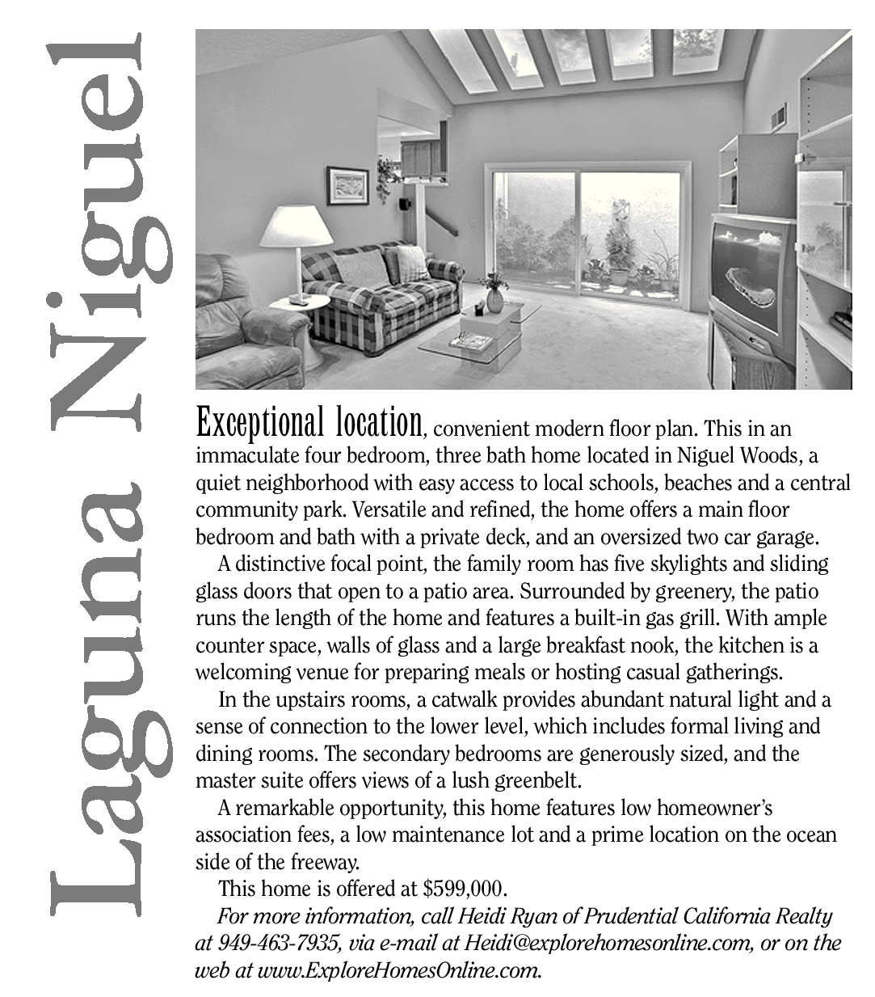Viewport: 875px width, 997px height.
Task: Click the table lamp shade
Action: click(296, 225)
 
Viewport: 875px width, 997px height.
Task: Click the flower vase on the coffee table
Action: click(493, 298)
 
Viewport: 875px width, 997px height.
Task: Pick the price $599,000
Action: click(465, 889)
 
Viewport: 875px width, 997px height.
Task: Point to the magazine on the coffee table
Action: click(466, 341)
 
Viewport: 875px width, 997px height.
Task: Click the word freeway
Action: click(333, 861)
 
